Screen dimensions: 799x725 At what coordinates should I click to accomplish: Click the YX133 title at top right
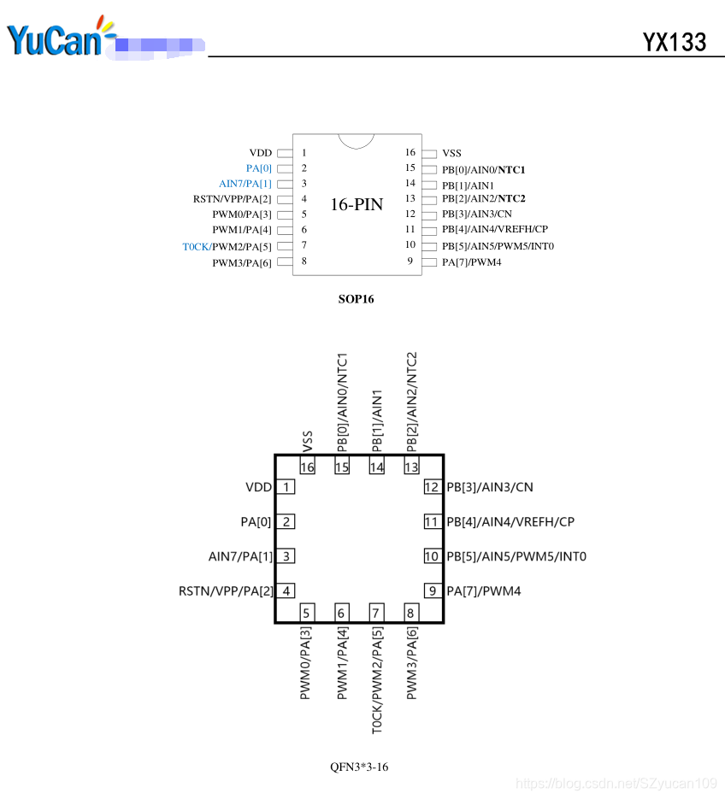pyautogui.click(x=675, y=42)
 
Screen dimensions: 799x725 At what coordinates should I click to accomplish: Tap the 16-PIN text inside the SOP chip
pyautogui.click(x=357, y=204)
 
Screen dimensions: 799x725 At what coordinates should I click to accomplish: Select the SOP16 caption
pyautogui.click(x=357, y=299)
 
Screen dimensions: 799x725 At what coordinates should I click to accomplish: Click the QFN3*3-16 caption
pyautogui.click(x=359, y=767)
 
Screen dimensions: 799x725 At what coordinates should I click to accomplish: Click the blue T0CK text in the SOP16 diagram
pyautogui.click(x=196, y=247)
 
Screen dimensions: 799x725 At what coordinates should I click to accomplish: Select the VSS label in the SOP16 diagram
pyautogui.click(x=451, y=154)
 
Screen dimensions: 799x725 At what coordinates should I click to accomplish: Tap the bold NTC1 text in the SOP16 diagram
pyautogui.click(x=511, y=169)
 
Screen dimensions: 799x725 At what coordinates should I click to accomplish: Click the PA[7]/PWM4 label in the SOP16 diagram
pyautogui.click(x=472, y=261)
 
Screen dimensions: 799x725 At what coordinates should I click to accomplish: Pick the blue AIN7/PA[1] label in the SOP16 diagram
pyautogui.click(x=245, y=184)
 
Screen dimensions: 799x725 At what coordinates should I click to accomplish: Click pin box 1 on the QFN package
pyautogui.click(x=286, y=487)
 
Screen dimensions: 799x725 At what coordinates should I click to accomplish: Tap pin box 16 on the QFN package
pyautogui.click(x=307, y=467)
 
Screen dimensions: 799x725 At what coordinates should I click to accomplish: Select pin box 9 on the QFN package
pyautogui.click(x=432, y=590)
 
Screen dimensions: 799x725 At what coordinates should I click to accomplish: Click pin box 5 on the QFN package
pyautogui.click(x=307, y=613)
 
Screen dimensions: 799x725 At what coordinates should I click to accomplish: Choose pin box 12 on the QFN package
pyautogui.click(x=432, y=487)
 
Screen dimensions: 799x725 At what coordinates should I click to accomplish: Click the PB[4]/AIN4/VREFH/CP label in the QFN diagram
pyautogui.click(x=510, y=521)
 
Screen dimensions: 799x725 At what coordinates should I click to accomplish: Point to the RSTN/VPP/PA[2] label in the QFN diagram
pyautogui.click(x=225, y=590)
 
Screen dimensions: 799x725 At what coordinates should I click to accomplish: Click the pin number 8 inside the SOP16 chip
pyautogui.click(x=304, y=261)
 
